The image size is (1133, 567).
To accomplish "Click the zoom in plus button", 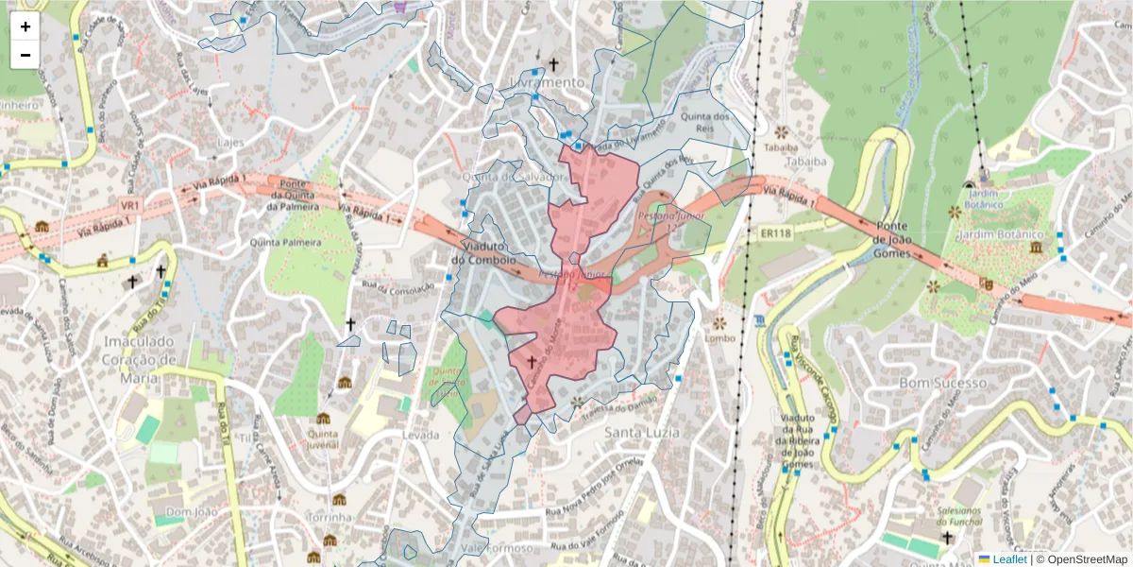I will (x=25, y=26).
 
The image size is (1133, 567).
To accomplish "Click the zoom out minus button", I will (x=25, y=55).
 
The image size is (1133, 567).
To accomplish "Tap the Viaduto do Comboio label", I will (x=482, y=251).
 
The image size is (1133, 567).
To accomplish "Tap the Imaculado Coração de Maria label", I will (x=141, y=349).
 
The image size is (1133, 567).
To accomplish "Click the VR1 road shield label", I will (x=129, y=205).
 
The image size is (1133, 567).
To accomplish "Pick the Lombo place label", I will (x=719, y=337).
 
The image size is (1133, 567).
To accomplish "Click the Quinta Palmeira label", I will (x=285, y=243).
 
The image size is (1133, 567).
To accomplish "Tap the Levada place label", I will (x=420, y=435).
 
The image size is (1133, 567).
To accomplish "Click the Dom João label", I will (x=185, y=511).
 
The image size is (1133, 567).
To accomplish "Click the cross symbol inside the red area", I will (x=531, y=361).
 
